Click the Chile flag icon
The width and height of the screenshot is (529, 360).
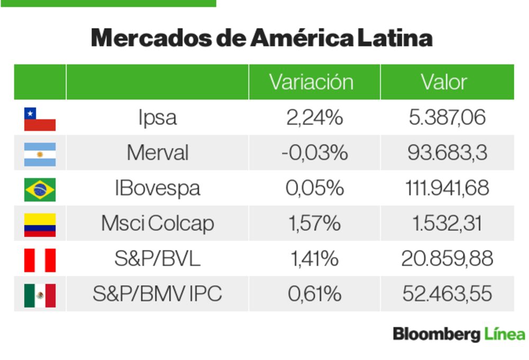[x=40, y=119]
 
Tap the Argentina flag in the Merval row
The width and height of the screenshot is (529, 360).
[x=40, y=154]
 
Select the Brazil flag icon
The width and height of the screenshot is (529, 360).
[x=40, y=189]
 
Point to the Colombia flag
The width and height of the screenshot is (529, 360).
[x=40, y=224]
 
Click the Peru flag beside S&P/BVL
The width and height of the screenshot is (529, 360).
[x=40, y=260]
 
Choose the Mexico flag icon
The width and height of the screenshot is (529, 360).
[x=40, y=295]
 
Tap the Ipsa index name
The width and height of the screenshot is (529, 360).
[x=157, y=118]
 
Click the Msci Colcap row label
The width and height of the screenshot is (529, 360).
[x=157, y=224]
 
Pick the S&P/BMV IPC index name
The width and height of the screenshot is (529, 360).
[x=157, y=294]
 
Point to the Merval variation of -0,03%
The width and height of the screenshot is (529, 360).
[x=314, y=153]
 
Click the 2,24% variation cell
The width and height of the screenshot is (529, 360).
[x=314, y=118]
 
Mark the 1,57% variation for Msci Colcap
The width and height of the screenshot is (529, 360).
[x=314, y=224]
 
